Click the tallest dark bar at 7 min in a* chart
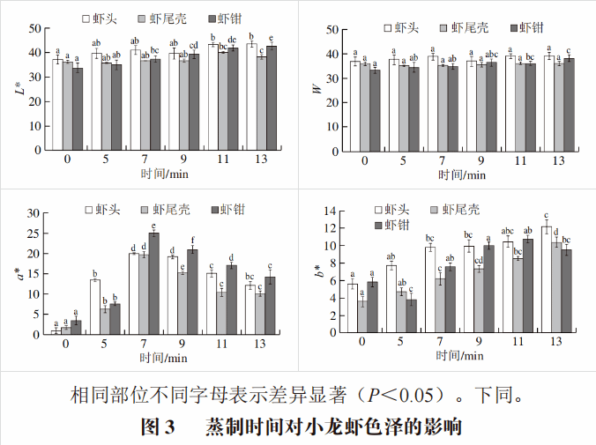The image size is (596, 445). click(x=153, y=284)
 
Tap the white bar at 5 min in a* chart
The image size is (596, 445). click(x=95, y=307)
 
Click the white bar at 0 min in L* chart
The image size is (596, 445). click(x=57, y=104)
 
